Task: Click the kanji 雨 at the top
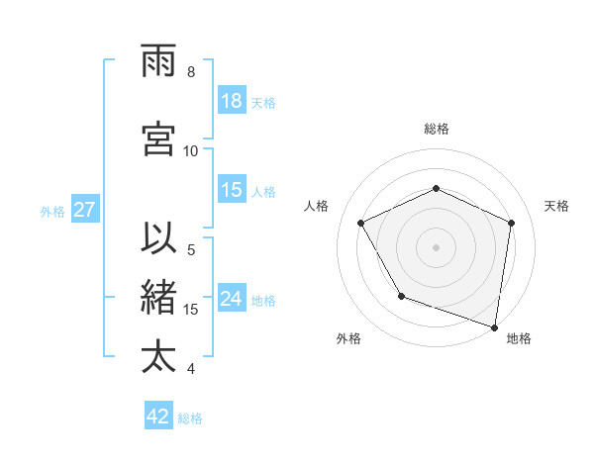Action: pos(160,61)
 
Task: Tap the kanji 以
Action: pos(160,240)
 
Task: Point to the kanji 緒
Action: pos(160,299)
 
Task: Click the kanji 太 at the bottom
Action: pos(160,357)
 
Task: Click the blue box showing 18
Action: pos(232,101)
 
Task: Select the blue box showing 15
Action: pos(232,190)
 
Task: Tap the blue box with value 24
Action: pos(232,299)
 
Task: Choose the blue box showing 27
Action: pos(85,210)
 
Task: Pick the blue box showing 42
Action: pos(158,417)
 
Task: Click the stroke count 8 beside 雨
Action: pos(191,72)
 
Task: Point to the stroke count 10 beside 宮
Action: pos(191,151)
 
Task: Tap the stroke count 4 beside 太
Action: pos(191,369)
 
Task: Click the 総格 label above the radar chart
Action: pos(437,129)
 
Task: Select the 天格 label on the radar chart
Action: pos(557,206)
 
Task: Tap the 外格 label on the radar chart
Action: pos(348,338)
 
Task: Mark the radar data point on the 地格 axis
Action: pos(495,326)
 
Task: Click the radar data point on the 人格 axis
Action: pos(361,223)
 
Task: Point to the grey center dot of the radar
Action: pos(437,246)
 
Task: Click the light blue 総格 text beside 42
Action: pos(190,418)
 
